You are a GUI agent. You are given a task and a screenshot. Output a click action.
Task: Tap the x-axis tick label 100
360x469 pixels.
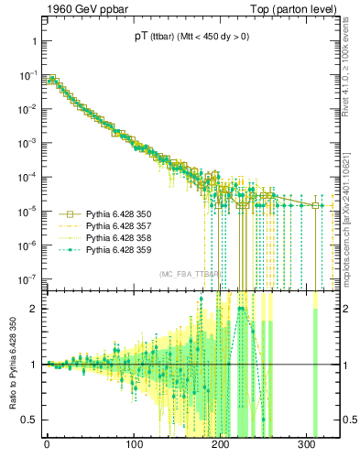coord(134,450)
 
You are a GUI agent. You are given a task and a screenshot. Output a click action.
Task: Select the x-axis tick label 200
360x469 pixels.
coord(221,450)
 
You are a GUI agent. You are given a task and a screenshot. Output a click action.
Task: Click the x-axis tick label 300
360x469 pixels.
coord(307,450)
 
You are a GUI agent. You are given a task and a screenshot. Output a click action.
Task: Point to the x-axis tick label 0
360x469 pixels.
coord(47,450)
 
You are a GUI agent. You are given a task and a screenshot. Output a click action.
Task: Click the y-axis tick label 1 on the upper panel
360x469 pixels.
coord(31,42)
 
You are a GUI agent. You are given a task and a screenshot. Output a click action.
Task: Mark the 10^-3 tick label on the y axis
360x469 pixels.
coord(27,144)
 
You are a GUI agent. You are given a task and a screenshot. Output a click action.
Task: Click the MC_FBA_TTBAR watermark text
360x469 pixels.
coord(191,274)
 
